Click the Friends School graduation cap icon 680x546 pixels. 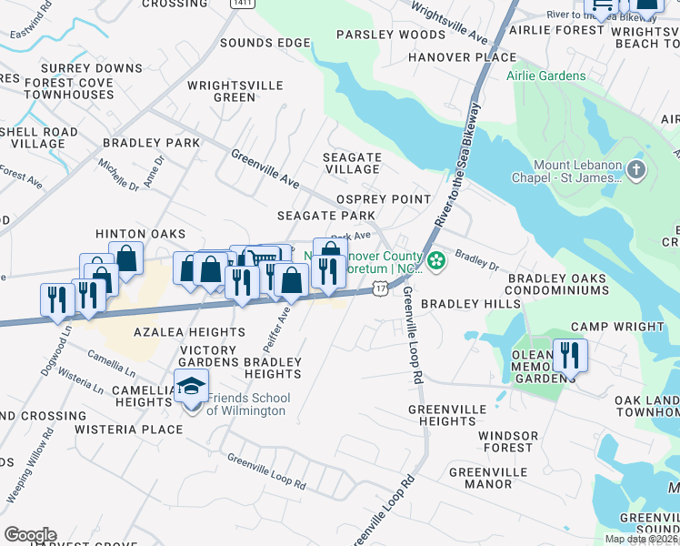pos(192,387)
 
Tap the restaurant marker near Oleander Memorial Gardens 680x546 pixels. pos(570,354)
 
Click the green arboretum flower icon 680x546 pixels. pos(437,261)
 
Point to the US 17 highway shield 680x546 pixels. pos(379,288)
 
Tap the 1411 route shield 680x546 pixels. pos(241,4)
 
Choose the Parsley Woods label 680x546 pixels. pos(389,35)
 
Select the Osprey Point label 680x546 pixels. pos(383,199)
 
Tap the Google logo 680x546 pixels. pos(30,535)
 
